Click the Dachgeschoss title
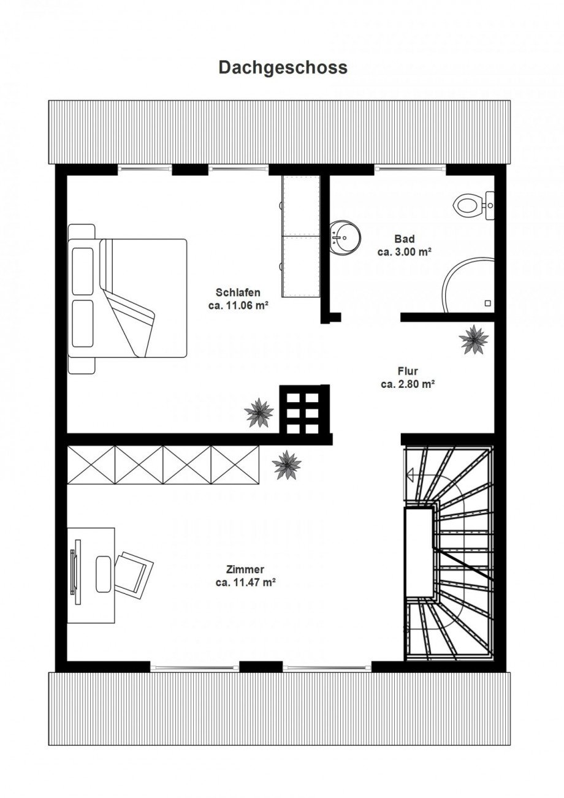click(x=283, y=67)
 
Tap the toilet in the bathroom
click(x=473, y=205)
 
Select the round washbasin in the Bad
click(x=345, y=237)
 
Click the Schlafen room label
click(x=238, y=292)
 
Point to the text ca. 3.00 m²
click(x=405, y=253)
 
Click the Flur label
click(x=408, y=371)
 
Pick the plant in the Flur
click(x=473, y=340)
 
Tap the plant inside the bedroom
click(x=259, y=413)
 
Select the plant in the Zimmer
click(x=286, y=465)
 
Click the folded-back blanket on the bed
click(x=127, y=298)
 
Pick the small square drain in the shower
click(x=488, y=303)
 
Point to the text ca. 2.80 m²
click(x=408, y=384)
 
